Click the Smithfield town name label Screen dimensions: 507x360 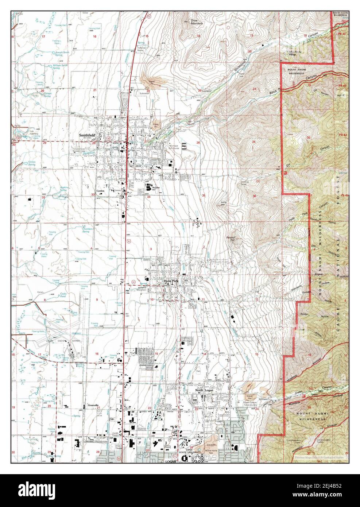click(x=87, y=135)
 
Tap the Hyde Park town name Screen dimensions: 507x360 click(x=170, y=281)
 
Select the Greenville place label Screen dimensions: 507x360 click(x=93, y=405)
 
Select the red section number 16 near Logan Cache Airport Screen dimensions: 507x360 click(x=97, y=354)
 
